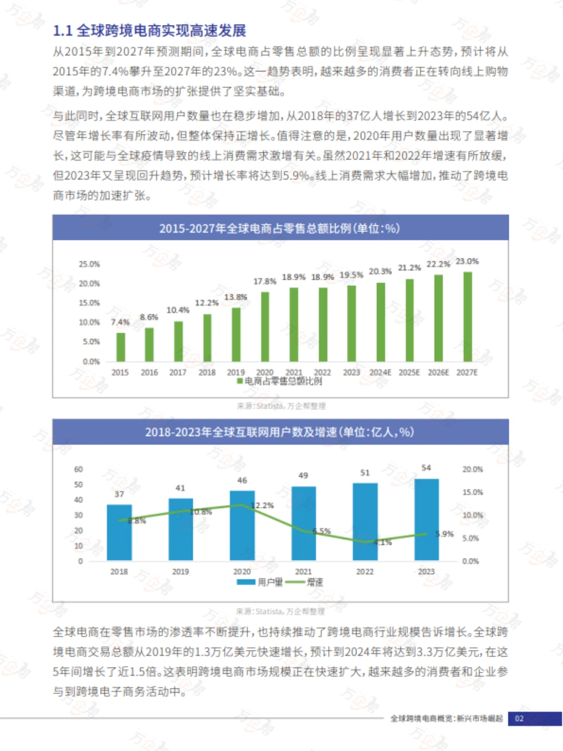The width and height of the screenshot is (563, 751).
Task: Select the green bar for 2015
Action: pos(120,347)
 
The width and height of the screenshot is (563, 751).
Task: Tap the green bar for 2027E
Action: pos(468,317)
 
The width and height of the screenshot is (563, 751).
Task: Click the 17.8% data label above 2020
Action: pos(265,282)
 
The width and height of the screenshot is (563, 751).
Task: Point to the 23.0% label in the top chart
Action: pos(467,261)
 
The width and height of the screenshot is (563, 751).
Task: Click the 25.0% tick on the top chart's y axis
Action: pos(89,264)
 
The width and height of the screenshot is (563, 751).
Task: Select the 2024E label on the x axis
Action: pos(380,372)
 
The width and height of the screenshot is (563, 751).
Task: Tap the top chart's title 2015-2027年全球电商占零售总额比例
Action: pos(280,228)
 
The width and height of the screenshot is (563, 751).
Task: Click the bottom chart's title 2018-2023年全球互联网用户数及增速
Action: pos(280,432)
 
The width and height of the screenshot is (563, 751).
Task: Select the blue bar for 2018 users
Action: pos(119,532)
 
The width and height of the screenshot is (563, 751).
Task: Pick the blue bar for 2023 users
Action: pos(426,519)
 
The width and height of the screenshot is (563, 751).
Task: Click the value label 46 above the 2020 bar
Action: pos(242,480)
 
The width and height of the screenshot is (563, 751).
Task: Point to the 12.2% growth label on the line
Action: pos(262,505)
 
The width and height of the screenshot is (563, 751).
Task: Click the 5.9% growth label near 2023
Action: pos(445,534)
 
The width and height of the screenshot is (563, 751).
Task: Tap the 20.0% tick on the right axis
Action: pos(472,469)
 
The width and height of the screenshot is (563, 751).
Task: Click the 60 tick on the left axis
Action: pos(78,469)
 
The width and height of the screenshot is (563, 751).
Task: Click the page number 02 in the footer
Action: pos(519,719)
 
